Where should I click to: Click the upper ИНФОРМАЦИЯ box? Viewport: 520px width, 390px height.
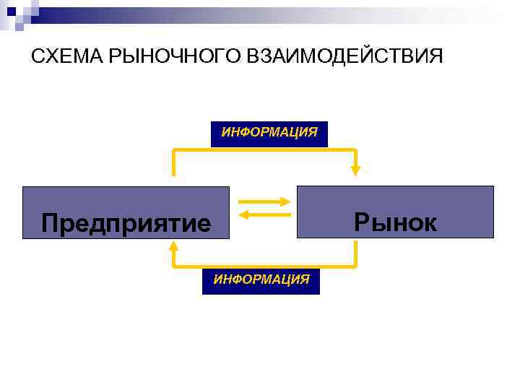pos(269,134)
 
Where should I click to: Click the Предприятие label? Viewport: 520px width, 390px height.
pos(126,222)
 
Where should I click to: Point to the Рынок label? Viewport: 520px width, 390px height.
pos(396,222)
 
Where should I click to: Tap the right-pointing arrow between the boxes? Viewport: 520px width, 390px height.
pos(264,202)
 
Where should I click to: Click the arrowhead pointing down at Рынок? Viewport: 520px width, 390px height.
pos(355,170)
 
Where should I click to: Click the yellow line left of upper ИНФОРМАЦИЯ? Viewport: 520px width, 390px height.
pos(191,150)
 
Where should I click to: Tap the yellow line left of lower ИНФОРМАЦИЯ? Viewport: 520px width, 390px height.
pos(188,266)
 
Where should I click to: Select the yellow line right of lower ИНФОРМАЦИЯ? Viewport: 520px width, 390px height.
pos(337,266)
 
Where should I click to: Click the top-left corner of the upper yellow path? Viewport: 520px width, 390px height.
pos(174,150)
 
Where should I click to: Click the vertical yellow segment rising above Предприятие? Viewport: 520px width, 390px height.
pos(174,163)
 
